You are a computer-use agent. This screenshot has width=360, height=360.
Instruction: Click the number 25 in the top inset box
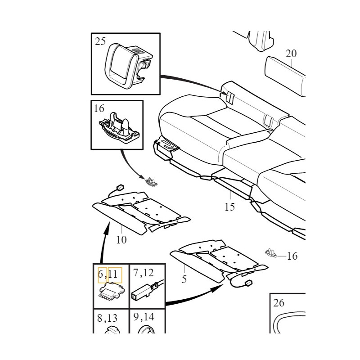click(x=100, y=42)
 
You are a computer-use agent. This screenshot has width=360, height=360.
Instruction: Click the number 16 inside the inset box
click(x=99, y=108)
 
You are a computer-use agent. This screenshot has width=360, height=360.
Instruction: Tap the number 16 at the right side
click(x=292, y=256)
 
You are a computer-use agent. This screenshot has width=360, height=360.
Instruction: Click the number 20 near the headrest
click(x=291, y=54)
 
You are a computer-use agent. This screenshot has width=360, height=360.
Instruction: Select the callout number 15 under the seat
click(x=229, y=207)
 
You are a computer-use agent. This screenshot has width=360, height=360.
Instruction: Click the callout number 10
click(x=121, y=240)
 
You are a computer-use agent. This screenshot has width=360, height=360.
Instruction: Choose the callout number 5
click(x=184, y=279)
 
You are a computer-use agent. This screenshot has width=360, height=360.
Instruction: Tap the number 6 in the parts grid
click(x=101, y=274)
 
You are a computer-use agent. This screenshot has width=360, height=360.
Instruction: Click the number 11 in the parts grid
click(x=112, y=274)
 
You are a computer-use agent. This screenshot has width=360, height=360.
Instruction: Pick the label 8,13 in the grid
click(x=107, y=318)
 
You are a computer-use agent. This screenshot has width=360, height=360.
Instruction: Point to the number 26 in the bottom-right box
click(x=279, y=302)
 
